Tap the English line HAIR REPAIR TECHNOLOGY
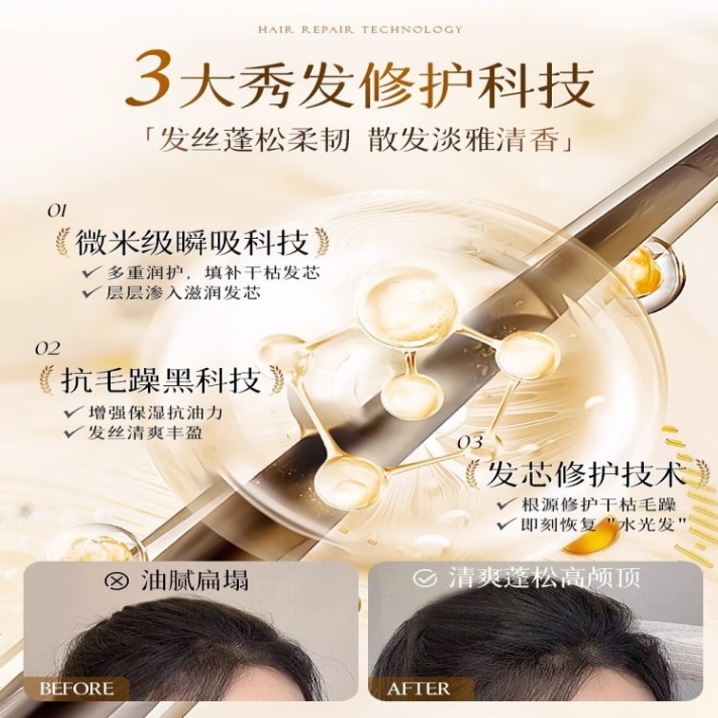(359, 29)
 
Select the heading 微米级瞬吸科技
(192, 243)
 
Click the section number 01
(57, 211)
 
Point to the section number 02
(47, 349)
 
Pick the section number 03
(470, 442)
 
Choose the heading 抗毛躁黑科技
(160, 380)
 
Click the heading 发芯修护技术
(586, 474)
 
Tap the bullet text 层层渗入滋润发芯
(183, 293)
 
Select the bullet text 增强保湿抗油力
(156, 413)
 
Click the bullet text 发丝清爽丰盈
(145, 433)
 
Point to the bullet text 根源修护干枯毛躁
(598, 506)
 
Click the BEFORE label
(77, 689)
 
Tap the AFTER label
(418, 689)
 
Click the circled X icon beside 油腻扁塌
(118, 580)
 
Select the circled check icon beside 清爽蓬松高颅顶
(425, 578)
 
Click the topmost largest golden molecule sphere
(407, 305)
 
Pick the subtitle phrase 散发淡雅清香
(463, 139)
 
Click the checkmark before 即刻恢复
(506, 525)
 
